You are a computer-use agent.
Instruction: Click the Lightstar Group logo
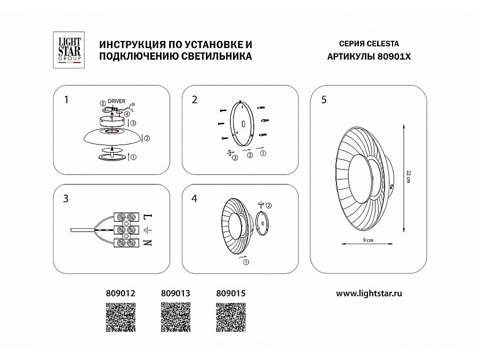click(68, 50)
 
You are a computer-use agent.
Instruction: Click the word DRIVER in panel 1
click(116, 101)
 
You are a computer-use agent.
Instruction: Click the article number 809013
click(175, 293)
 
